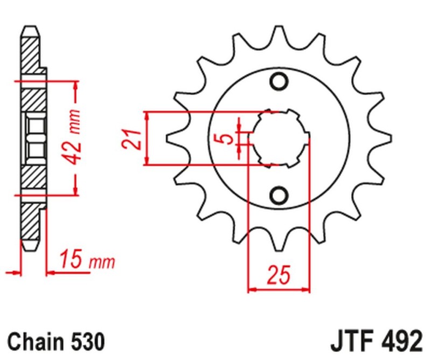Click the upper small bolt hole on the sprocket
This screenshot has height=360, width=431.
point(279,82)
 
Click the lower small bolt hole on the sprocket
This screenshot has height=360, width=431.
point(279,195)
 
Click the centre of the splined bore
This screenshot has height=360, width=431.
point(279,139)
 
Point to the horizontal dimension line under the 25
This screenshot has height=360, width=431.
point(279,290)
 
